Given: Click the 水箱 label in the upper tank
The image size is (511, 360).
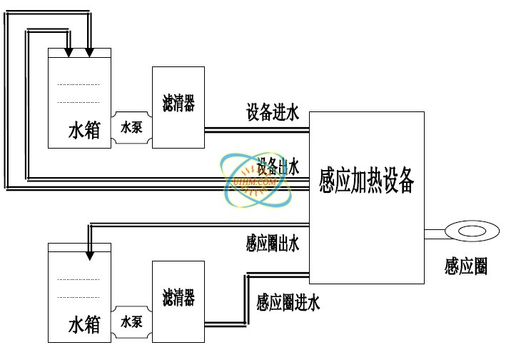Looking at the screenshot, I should tap(84, 130).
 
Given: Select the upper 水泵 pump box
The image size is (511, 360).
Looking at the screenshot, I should tap(132, 129).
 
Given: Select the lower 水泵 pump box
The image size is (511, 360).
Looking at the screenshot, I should tap(132, 321).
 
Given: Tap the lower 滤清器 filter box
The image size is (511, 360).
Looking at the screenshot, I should tap(178, 296).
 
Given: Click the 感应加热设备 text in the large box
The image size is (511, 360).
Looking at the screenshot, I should tap(367, 182).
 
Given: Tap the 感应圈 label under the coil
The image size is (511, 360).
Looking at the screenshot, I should tap(465, 266).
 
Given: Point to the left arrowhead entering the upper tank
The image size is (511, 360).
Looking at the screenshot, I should tap(68, 52).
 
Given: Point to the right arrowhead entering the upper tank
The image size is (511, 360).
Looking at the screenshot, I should tap(89, 52).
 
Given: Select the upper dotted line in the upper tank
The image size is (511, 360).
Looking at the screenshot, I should tap(79, 84).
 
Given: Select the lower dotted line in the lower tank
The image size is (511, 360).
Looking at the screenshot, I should tap(79, 296).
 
